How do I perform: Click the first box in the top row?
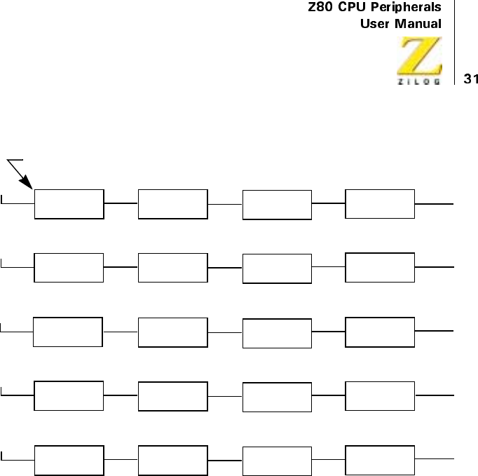(69, 204)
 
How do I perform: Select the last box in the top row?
(380, 203)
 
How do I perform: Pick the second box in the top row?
(173, 204)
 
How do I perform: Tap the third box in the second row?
(277, 268)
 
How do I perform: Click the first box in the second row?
(69, 268)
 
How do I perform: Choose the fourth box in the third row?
(380, 332)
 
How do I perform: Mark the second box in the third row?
(173, 332)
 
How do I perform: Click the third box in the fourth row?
(277, 397)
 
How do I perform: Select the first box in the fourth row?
(69, 396)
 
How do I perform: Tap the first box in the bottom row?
(69, 460)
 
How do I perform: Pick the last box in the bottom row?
(380, 459)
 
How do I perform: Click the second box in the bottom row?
(173, 460)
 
